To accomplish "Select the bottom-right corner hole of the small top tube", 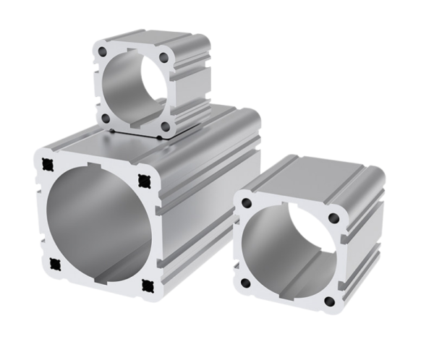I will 166,124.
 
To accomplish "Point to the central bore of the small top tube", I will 135,88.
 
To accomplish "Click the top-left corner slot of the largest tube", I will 48,162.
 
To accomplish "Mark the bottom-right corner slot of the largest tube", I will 149,284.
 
